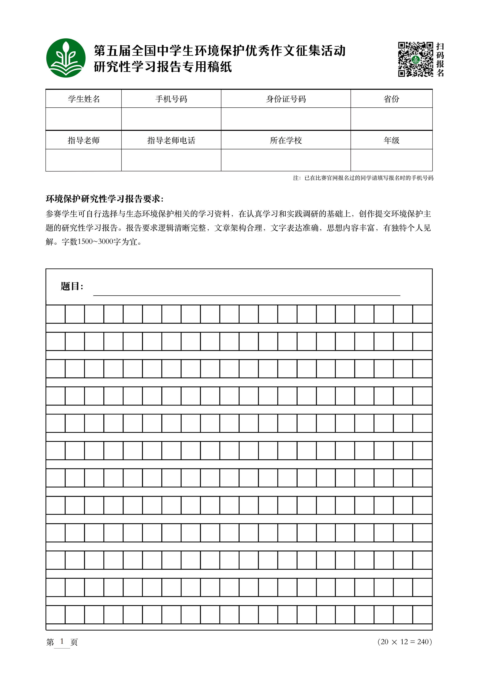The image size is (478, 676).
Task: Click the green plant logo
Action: pyautogui.click(x=66, y=58)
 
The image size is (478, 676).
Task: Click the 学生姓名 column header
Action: pyautogui.click(x=84, y=99)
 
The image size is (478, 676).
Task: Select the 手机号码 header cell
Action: pyautogui.click(x=171, y=99)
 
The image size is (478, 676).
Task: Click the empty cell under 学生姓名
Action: pyautogui.click(x=84, y=119)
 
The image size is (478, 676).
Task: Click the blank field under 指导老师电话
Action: pyautogui.click(x=171, y=160)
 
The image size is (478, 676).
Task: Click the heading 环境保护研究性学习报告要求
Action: pyautogui.click(x=105, y=199)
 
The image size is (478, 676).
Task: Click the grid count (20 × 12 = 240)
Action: pyautogui.click(x=405, y=642)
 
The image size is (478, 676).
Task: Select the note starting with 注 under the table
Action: pyautogui.click(x=363, y=178)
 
